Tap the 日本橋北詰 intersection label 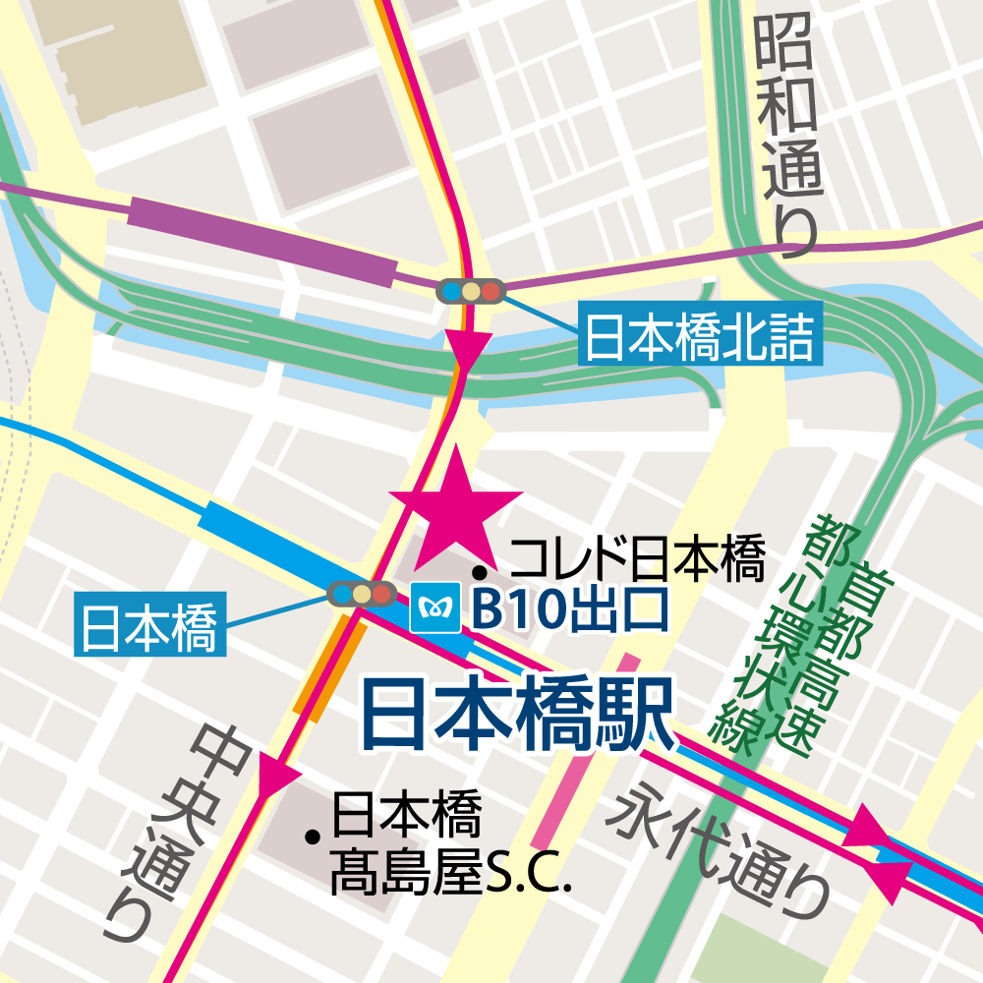click(x=699, y=338)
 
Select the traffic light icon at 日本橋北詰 click(x=470, y=291)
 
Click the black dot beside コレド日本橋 click(x=481, y=571)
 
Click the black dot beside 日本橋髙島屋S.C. click(x=314, y=838)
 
